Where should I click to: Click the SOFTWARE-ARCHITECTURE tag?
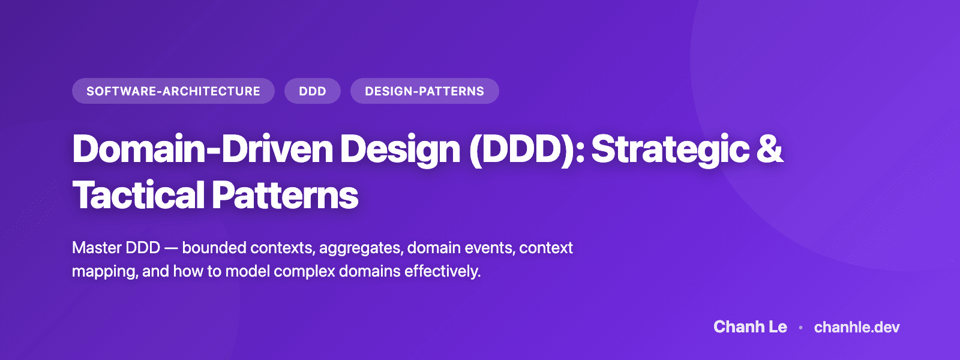tap(173, 91)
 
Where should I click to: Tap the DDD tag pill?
tap(313, 91)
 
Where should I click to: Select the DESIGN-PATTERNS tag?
tap(424, 91)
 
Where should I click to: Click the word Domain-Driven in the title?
tap(202, 149)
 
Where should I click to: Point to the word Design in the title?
tap(400, 149)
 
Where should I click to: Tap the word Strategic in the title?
tap(670, 149)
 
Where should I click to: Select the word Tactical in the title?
tap(139, 196)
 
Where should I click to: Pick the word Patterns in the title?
tap(285, 196)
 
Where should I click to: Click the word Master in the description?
tap(95, 248)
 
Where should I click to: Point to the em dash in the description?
tap(171, 248)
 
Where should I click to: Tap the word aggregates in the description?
tap(361, 248)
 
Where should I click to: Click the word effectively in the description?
tap(442, 271)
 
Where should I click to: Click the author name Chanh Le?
tap(750, 327)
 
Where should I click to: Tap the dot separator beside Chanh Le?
tap(800, 328)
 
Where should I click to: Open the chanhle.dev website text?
tap(857, 327)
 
